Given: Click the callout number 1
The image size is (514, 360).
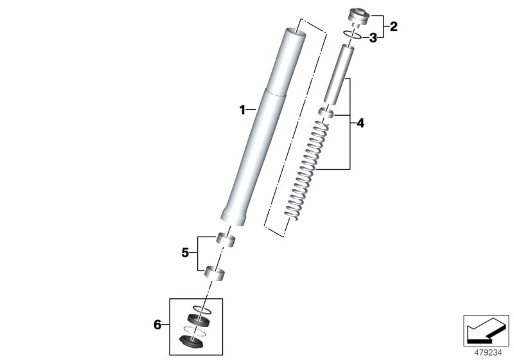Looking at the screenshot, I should click(x=242, y=111).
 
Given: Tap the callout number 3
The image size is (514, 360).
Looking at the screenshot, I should click(x=373, y=38).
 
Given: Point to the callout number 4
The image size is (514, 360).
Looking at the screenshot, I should click(x=360, y=123).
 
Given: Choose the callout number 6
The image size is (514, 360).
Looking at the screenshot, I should click(x=158, y=326).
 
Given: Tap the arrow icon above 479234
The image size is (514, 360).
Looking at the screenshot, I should click(x=486, y=330).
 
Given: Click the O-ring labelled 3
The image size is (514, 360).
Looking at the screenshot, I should click(x=350, y=35).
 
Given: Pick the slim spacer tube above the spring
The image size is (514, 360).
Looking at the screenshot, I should click(x=339, y=73).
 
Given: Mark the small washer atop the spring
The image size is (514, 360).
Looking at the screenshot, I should click(x=326, y=114).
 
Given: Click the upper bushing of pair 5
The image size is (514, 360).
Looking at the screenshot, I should click(x=224, y=239).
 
